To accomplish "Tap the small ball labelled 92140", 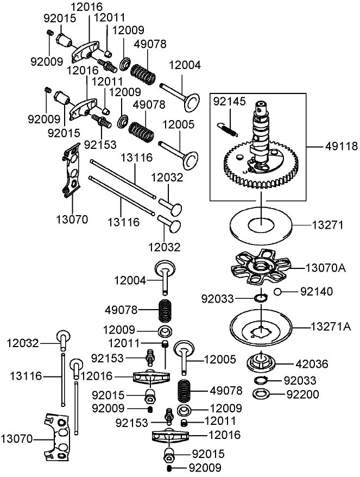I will click(x=277, y=292).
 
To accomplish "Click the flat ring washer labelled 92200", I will click(x=261, y=393).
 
